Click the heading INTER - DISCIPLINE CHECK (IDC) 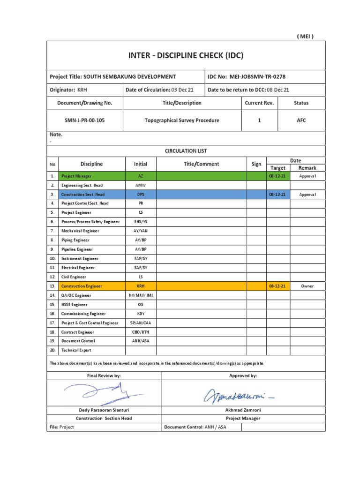click(186, 55)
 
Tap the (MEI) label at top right click(305, 37)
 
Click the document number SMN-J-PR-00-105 click(84, 120)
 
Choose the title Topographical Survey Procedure click(182, 120)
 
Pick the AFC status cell click(301, 120)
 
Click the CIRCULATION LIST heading click(186, 151)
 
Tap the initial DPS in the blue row click(141, 194)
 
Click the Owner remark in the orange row click(307, 286)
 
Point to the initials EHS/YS click(141, 222)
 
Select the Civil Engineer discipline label click(75, 277)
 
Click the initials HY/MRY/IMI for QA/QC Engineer click(141, 295)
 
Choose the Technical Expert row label click(76, 350)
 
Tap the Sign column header click(256, 164)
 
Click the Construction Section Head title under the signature click(104, 419)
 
